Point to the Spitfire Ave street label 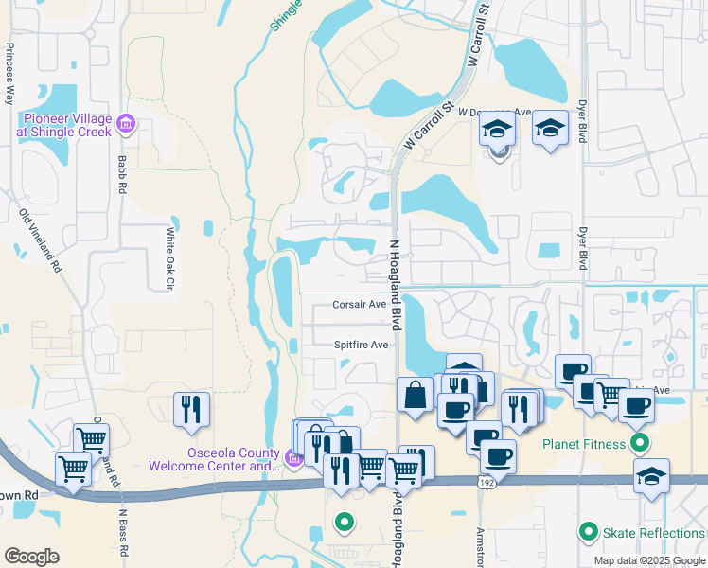click(x=361, y=346)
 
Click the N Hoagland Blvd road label click(x=396, y=284)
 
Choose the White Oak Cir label click(x=171, y=257)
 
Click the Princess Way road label click(x=10, y=72)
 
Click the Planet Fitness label click(x=583, y=443)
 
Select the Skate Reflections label click(x=653, y=534)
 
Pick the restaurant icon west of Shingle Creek click(x=193, y=408)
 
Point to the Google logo click(x=31, y=557)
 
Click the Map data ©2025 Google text click(x=647, y=560)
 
